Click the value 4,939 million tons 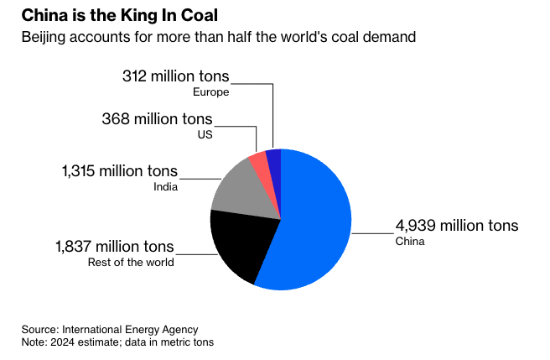[457, 226]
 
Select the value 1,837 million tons [115, 247]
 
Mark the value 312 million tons [175, 76]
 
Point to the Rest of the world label [131, 263]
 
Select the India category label [165, 187]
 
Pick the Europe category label [211, 92]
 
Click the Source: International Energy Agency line [110, 330]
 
